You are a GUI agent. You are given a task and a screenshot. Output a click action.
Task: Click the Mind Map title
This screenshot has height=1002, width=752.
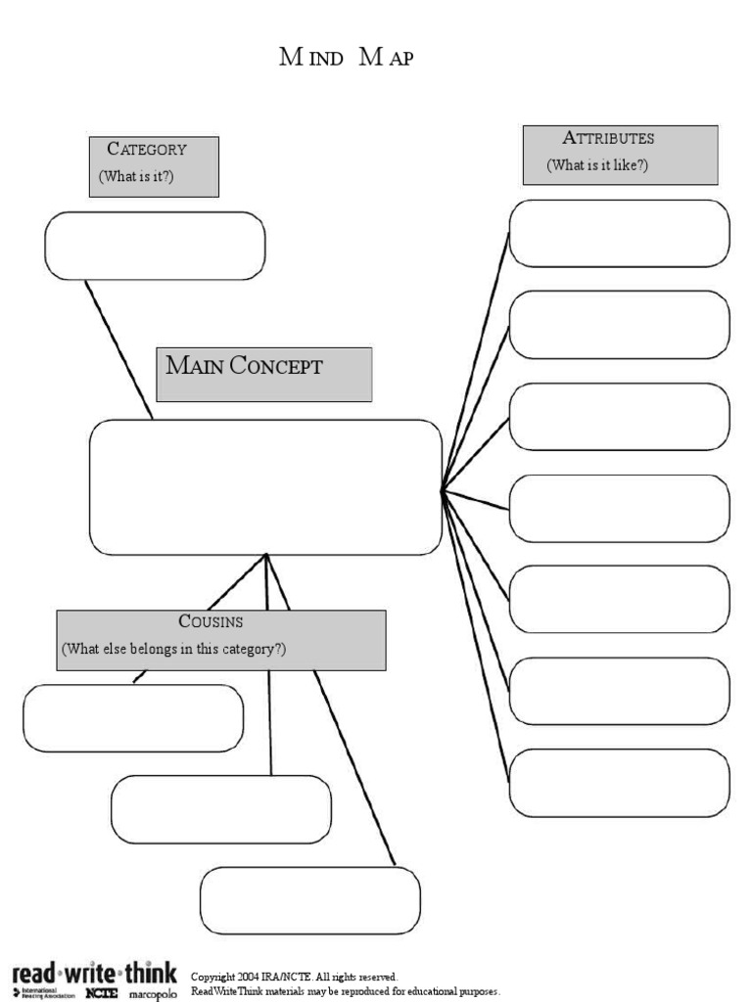[347, 59]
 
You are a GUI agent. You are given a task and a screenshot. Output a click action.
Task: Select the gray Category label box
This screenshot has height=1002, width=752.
[154, 166]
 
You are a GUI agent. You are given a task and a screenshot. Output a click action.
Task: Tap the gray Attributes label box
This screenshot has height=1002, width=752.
[620, 155]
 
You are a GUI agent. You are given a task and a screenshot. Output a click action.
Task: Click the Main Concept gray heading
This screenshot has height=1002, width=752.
[263, 373]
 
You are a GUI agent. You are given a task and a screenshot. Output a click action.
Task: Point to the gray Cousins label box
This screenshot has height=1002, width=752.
[220, 640]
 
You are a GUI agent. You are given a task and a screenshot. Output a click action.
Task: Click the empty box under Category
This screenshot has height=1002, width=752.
[155, 246]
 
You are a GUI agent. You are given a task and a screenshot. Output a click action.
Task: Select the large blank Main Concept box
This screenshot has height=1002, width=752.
[265, 487]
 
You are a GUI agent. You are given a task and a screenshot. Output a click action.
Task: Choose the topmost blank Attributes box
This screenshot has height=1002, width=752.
[619, 234]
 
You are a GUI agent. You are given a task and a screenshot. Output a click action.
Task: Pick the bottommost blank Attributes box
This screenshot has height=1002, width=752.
[619, 783]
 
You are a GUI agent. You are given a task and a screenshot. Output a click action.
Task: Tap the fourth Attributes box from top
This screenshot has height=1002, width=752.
[619, 509]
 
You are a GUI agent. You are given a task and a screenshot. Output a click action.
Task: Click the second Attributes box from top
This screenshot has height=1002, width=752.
[619, 325]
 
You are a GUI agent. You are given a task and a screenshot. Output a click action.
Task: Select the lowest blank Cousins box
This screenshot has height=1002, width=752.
[309, 900]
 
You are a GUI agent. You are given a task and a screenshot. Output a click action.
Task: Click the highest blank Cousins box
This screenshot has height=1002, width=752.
[133, 718]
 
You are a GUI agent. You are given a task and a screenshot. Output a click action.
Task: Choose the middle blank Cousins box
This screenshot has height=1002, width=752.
[221, 809]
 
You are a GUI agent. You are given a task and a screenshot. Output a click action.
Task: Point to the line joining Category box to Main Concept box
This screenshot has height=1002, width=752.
[118, 349]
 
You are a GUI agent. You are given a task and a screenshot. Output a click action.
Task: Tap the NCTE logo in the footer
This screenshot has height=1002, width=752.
[101, 993]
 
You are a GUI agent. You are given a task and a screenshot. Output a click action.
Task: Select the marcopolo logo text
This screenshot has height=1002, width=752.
[153, 994]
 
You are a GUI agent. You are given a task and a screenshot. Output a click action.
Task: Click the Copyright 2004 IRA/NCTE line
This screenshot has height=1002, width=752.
[294, 977]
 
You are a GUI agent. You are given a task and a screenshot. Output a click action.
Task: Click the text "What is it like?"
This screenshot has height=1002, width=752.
[597, 165]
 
